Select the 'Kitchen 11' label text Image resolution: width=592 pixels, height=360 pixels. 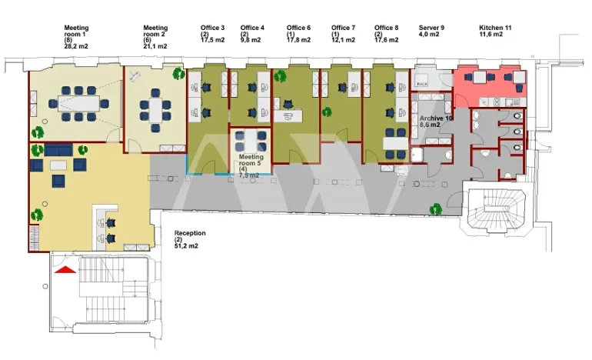click(x=491, y=28)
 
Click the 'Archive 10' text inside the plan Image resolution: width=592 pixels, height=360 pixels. click(x=436, y=118)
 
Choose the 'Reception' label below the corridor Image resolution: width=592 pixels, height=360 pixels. click(x=188, y=232)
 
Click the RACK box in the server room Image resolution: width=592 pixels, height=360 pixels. click(x=421, y=82)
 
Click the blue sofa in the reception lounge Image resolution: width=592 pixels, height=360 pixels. click(x=58, y=148)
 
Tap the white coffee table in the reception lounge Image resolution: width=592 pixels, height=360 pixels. click(x=58, y=165)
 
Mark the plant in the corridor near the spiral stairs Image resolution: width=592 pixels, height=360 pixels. click(x=436, y=208)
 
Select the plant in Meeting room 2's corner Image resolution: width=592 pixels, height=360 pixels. click(x=178, y=75)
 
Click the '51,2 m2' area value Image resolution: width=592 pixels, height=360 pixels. click(x=188, y=246)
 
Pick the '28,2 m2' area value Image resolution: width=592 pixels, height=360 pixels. click(x=76, y=47)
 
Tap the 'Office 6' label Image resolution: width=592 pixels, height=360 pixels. click(x=298, y=28)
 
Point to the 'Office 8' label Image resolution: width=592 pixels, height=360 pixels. click(x=387, y=28)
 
